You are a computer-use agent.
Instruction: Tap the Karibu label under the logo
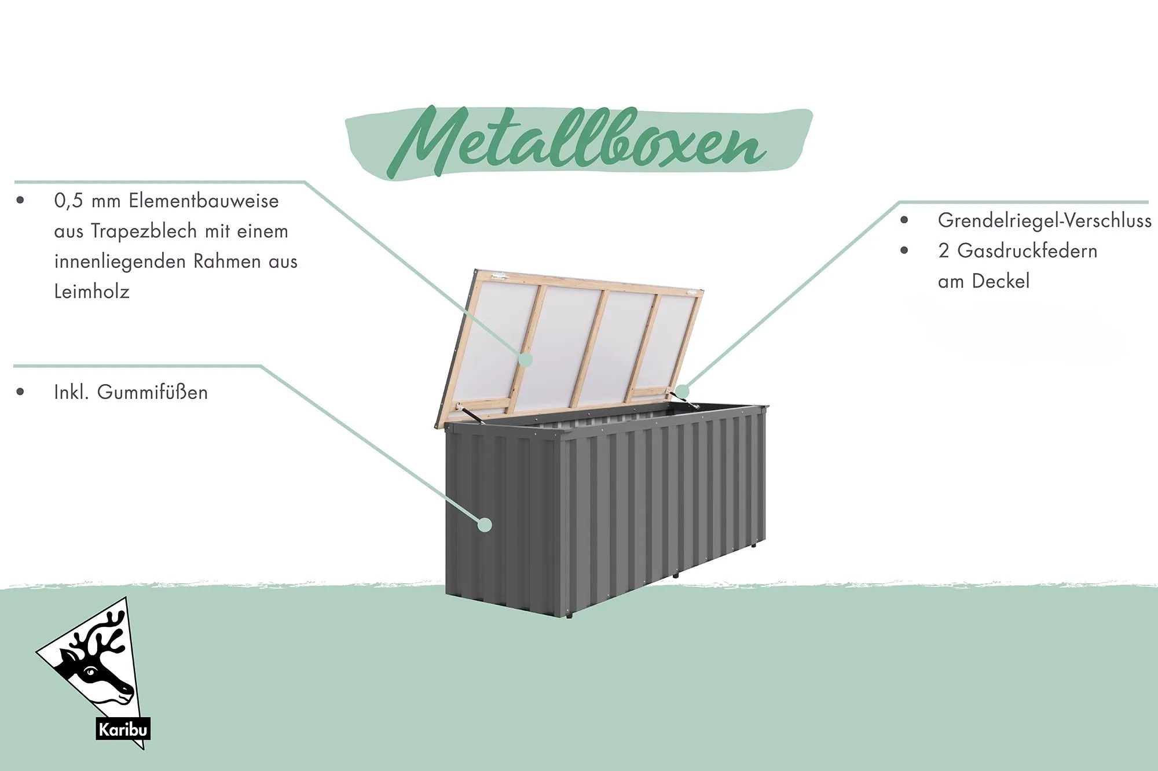123,729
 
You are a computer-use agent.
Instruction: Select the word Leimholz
91,292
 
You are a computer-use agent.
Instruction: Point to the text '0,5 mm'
87,201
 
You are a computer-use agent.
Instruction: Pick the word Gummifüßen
152,392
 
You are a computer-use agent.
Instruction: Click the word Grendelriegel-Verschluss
1045,220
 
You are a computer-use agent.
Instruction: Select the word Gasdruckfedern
1027,251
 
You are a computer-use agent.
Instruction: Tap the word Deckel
1001,281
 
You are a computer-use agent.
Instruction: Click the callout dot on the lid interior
526,359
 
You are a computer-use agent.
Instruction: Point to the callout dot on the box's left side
485,525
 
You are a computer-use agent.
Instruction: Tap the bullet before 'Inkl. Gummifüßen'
21,392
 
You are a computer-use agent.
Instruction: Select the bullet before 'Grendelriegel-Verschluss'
904,220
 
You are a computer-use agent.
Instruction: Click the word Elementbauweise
204,201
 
